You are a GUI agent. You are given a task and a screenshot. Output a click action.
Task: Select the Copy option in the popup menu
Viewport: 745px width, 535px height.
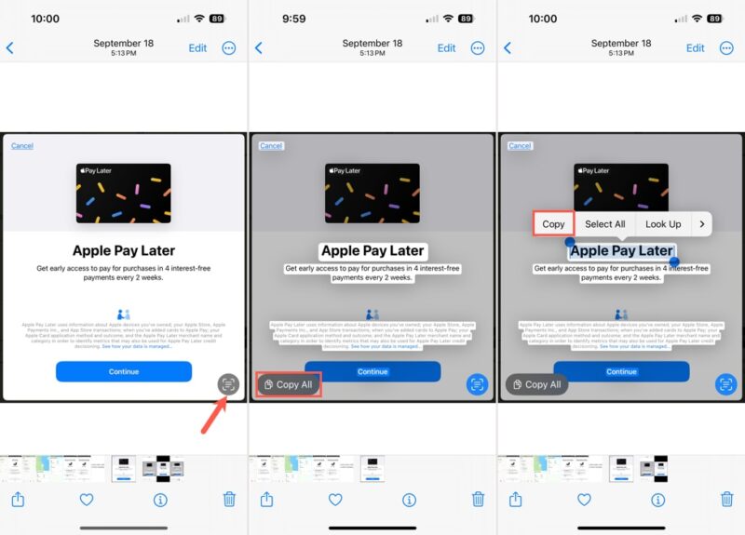point(553,224)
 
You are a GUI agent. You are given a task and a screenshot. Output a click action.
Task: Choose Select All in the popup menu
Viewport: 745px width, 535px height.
point(605,224)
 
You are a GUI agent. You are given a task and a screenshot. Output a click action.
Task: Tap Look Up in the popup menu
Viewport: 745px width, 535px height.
point(663,224)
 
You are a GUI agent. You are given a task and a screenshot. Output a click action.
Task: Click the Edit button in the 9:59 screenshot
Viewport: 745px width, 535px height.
point(447,48)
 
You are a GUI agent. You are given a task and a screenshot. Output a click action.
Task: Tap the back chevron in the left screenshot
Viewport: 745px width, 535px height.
point(10,48)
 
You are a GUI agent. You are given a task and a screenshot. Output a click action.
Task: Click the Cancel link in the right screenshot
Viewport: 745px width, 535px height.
point(520,146)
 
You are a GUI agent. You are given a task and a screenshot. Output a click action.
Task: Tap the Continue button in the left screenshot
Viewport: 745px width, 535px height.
point(124,371)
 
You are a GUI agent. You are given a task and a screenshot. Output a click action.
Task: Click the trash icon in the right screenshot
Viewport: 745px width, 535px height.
point(727,500)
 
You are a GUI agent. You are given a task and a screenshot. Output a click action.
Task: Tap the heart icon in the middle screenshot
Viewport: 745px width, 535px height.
point(335,500)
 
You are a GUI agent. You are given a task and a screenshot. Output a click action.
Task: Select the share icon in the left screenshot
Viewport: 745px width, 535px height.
point(18,500)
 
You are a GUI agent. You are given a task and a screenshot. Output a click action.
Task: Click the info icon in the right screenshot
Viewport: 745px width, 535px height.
point(658,500)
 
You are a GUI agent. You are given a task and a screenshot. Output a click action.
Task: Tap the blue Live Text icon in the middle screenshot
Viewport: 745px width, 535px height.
point(477,383)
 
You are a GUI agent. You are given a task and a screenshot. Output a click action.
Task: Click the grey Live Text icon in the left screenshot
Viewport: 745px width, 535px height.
point(228,383)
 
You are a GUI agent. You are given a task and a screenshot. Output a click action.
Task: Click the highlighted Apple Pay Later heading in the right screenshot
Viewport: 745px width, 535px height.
point(621,251)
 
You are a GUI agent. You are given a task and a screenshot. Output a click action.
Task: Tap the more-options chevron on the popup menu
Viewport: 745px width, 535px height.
point(701,224)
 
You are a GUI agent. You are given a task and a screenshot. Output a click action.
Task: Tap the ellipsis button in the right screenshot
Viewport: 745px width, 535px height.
point(726,48)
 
